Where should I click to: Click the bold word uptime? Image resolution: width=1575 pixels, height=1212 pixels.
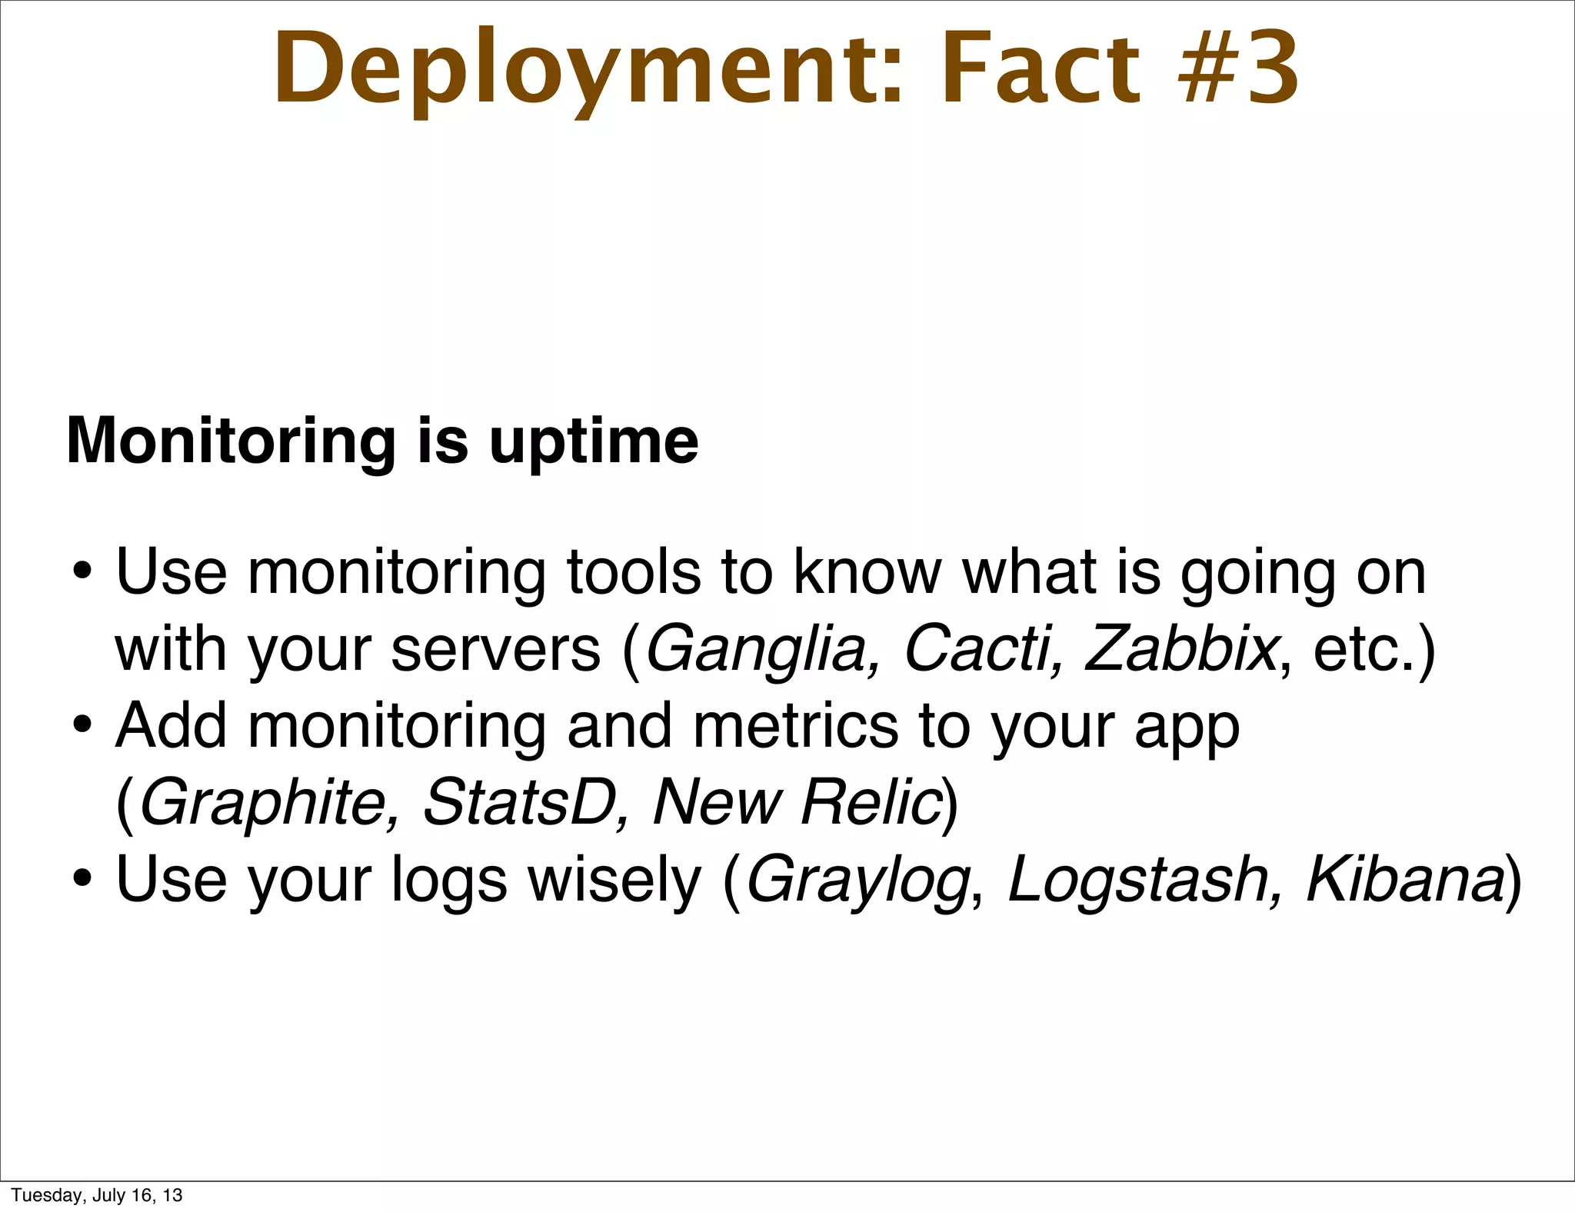tap(594, 442)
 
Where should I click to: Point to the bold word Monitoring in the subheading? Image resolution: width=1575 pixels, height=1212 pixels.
tap(230, 442)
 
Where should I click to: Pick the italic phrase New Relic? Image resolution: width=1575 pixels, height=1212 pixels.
tap(797, 802)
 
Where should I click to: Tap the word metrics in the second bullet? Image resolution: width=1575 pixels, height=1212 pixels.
tap(795, 727)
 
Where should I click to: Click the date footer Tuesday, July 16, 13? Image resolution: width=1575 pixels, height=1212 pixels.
tap(97, 1195)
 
